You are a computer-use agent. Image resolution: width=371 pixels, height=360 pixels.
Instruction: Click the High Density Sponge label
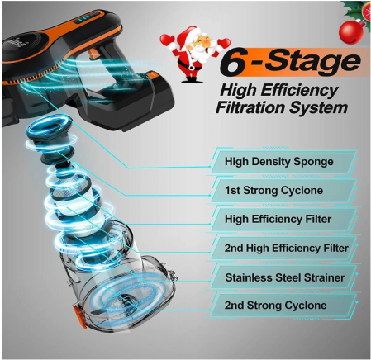click(278, 161)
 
